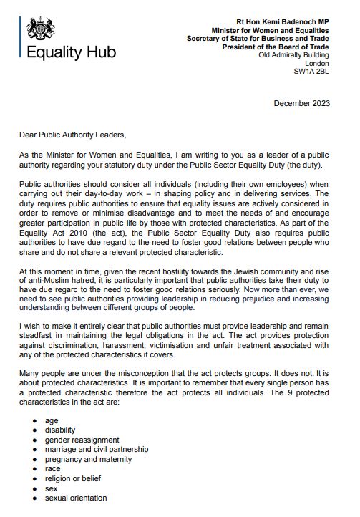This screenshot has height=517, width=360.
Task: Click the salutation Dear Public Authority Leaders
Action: coord(72,133)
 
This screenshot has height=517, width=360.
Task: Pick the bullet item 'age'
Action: coord(52,420)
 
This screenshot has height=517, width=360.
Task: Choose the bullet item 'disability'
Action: coord(59,430)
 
